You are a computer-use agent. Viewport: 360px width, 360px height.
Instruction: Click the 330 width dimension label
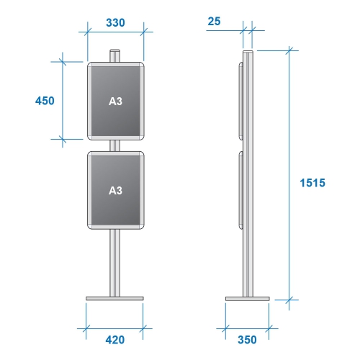pyautogui.click(x=115, y=22)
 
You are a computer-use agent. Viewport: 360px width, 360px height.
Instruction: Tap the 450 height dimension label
pyautogui.click(x=45, y=101)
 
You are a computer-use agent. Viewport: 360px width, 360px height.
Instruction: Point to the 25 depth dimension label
pyautogui.click(x=214, y=22)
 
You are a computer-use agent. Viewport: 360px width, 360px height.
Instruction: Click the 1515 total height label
pyautogui.click(x=313, y=183)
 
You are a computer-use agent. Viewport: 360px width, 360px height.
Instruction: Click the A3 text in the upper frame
pyautogui.click(x=115, y=102)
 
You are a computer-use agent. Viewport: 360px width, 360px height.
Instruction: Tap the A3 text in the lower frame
pyautogui.click(x=115, y=191)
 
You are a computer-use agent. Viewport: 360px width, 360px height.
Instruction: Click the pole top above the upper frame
pyautogui.click(x=115, y=56)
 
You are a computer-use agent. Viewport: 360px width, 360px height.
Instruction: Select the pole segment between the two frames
pyautogui.click(x=115, y=145)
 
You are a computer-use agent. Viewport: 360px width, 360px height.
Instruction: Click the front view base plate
pyautogui.click(x=115, y=297)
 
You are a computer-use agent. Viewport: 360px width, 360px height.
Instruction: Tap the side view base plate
pyautogui.click(x=248, y=297)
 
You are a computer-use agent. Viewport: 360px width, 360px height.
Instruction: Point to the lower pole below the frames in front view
pyautogui.click(x=115, y=263)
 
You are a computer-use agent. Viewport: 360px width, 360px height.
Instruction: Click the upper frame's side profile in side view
pyautogui.click(x=240, y=101)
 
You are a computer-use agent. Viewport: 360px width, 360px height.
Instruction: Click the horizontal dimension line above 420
pyautogui.click(x=115, y=326)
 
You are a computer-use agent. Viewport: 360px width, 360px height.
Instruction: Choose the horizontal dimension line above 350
pyautogui.click(x=248, y=326)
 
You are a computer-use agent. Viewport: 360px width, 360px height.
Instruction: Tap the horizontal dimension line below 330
pyautogui.click(x=115, y=32)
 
